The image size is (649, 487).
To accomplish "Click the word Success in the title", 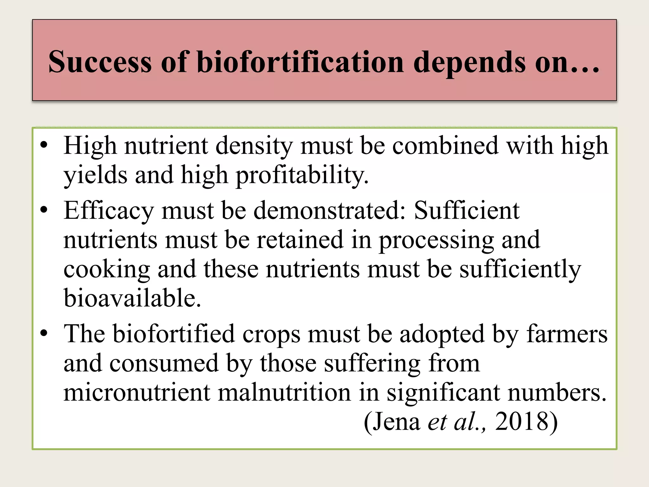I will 100,62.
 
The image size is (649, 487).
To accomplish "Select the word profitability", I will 302,176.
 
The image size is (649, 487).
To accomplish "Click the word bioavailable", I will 132,298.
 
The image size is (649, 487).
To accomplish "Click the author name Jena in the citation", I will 396,422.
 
